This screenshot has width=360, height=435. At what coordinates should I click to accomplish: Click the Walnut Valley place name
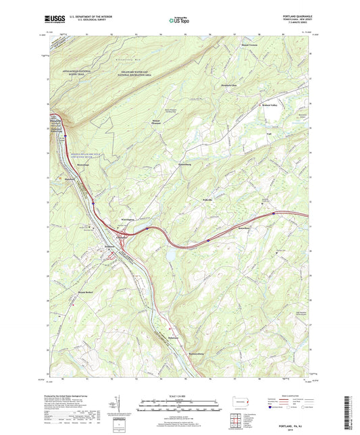click(x=271, y=105)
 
